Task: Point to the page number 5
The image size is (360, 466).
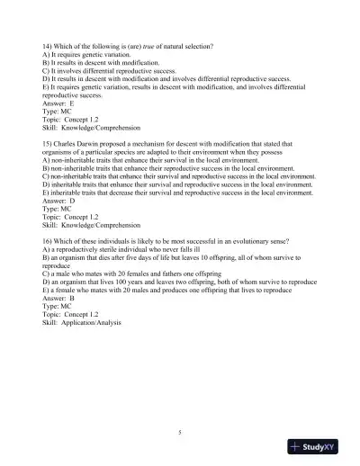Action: (x=179, y=433)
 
